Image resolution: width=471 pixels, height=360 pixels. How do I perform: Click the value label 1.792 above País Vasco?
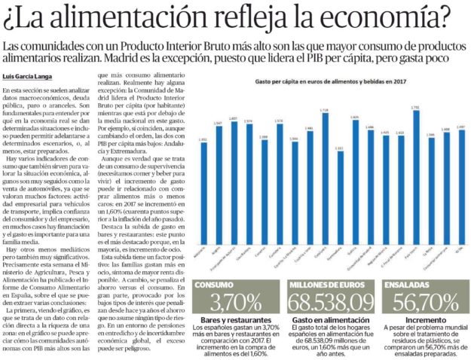pos(416,108)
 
